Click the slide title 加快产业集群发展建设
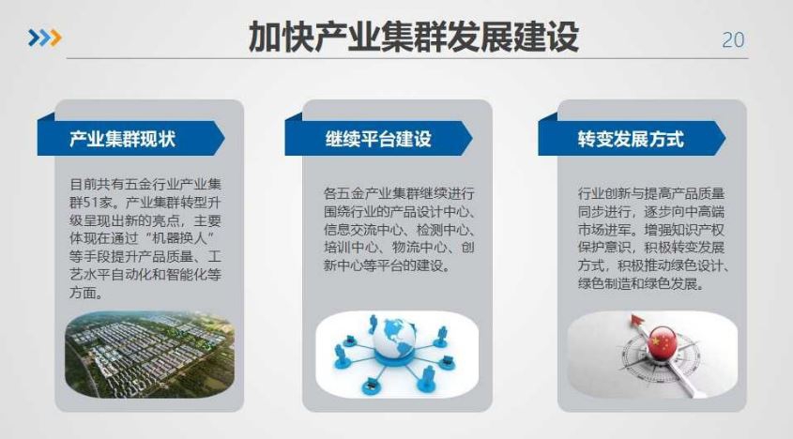414,37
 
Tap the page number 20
733,40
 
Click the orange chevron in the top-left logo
55,38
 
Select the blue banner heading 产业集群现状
122,139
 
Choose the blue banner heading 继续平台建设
378,139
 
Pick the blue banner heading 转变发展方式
631,139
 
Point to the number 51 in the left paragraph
91,203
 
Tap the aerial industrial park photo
150,354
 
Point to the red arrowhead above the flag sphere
636,321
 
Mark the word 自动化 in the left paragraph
145,275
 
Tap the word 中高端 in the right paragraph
705,212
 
